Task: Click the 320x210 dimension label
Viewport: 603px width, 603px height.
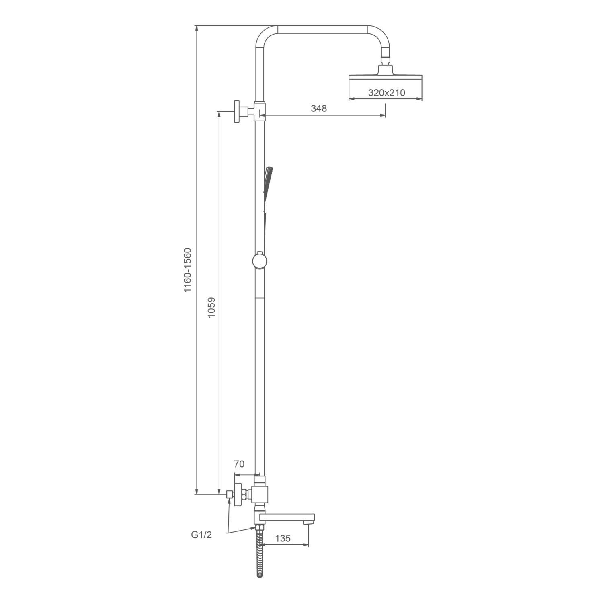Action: (387, 93)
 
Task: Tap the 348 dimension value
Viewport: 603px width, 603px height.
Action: (319, 108)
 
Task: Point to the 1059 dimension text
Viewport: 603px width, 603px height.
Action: (211, 308)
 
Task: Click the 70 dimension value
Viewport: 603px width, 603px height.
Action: (239, 464)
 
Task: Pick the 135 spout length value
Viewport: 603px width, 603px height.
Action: (283, 538)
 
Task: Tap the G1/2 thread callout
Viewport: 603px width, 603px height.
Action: (201, 535)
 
